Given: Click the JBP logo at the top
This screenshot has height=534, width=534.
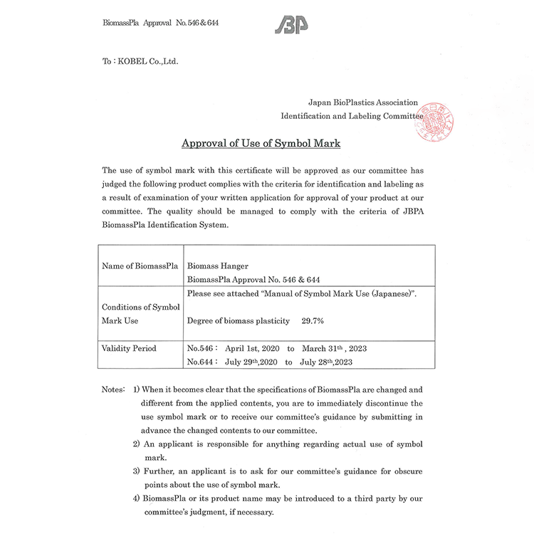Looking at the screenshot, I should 291,24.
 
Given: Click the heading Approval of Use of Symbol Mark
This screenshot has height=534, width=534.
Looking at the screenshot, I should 261,144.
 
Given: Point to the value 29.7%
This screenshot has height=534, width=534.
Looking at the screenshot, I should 313,321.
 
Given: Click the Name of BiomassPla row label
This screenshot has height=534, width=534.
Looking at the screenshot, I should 140,266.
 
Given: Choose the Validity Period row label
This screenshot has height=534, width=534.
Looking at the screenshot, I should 130,349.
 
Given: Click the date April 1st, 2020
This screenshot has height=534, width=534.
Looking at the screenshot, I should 252,349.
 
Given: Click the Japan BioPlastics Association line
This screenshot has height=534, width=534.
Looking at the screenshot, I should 362,103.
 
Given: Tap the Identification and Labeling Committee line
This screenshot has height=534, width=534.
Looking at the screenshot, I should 352,116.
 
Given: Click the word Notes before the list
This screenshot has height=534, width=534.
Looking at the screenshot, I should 113,389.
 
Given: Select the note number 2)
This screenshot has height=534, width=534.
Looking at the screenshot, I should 136,444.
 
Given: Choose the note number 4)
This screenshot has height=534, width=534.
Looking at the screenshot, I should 136,498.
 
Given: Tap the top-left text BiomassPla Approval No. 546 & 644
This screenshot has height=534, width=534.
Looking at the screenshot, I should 160,23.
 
